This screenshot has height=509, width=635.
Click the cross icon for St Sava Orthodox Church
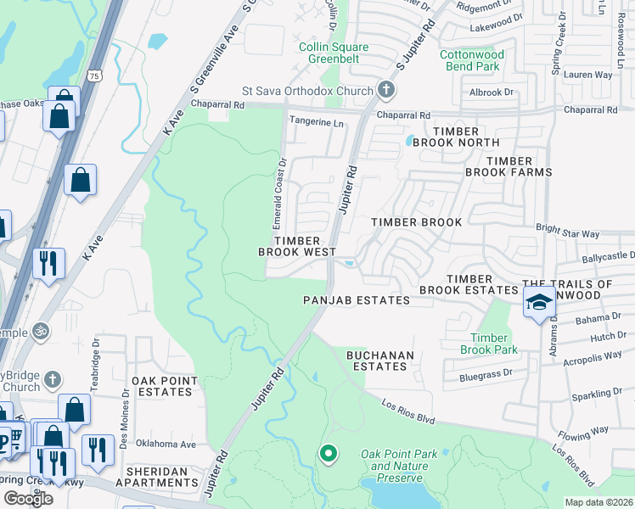pos(385,91)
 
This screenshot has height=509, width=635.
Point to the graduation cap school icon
pos(538,302)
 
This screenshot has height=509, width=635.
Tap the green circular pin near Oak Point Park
pos(329,455)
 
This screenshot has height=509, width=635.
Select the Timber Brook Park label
pos(489,344)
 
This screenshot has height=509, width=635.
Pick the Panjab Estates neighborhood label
pos(357,300)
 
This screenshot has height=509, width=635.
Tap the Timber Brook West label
pos(297,246)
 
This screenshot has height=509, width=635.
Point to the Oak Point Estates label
pos(164,386)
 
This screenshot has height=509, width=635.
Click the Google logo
pos(28,498)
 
